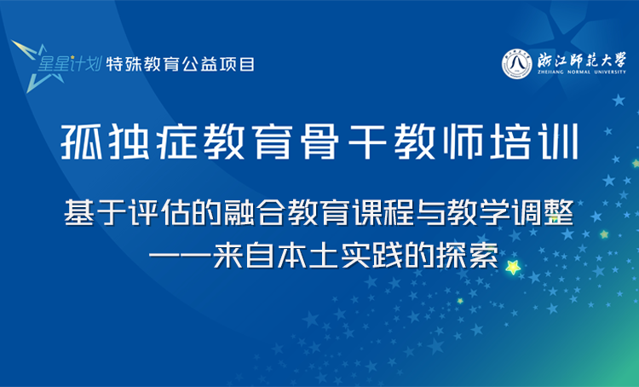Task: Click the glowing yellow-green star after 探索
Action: (514, 268)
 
